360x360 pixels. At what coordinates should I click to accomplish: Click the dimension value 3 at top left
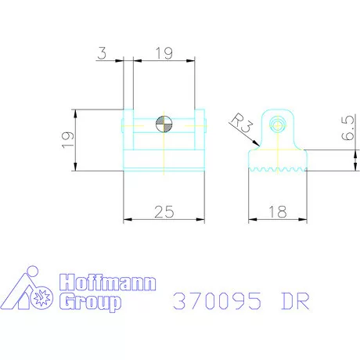(102, 52)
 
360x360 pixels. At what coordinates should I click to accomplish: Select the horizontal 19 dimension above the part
(164, 53)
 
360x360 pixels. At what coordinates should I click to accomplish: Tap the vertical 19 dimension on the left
(67, 140)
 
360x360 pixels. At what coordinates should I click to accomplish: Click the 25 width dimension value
(164, 211)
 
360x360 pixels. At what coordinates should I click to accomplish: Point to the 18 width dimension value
(278, 211)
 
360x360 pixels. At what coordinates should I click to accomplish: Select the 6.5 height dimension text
(348, 128)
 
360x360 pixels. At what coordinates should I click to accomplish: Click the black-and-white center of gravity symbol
(164, 124)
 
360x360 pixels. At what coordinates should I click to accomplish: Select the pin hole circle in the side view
(278, 125)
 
